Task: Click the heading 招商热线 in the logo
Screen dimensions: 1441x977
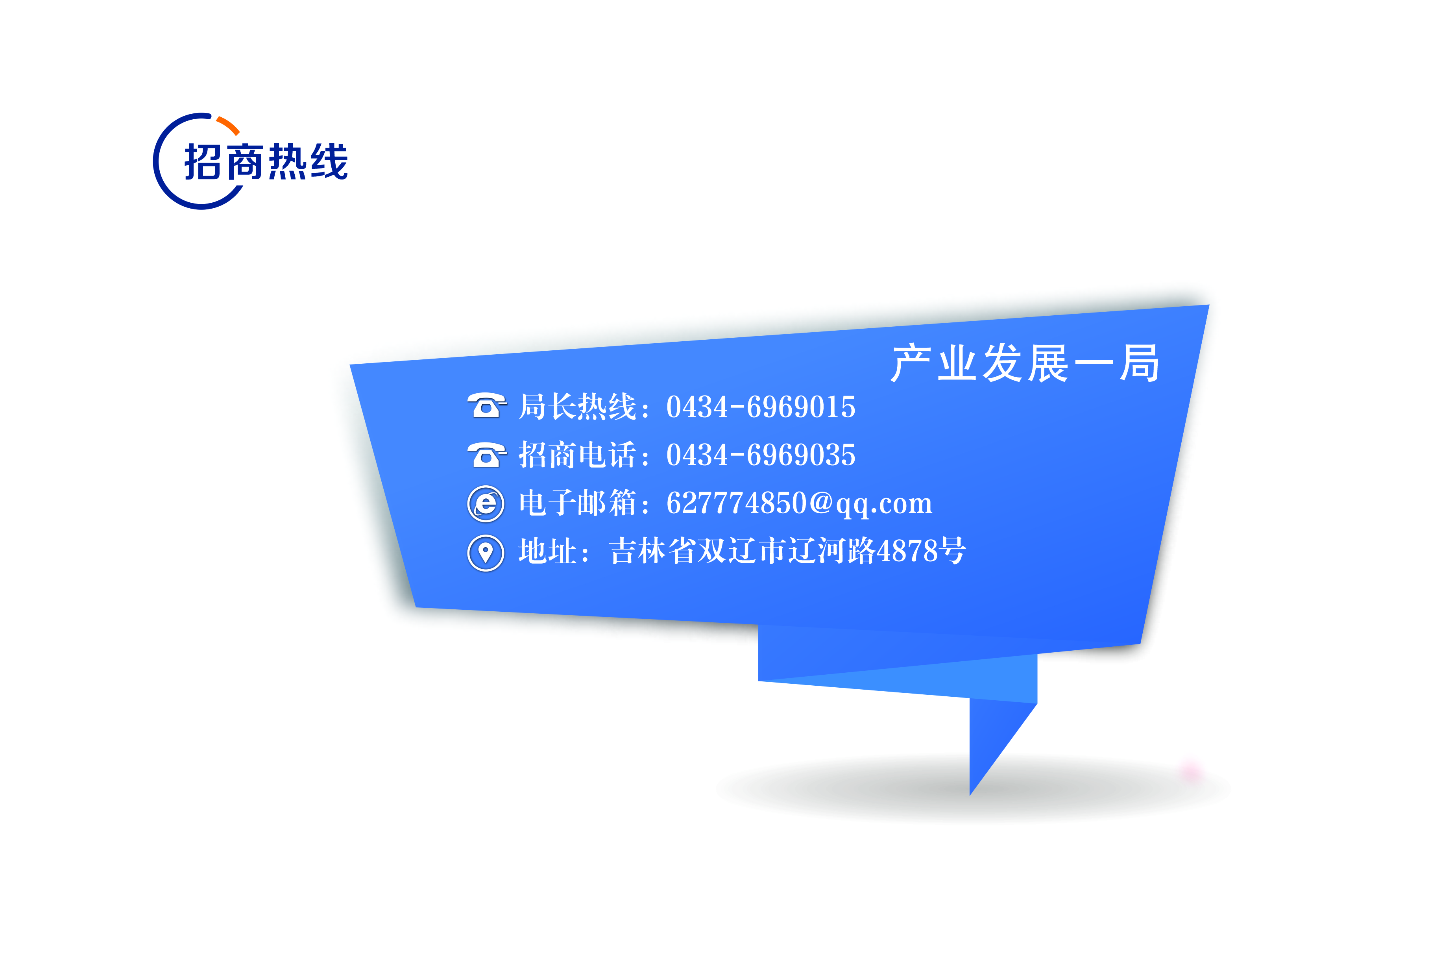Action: (266, 163)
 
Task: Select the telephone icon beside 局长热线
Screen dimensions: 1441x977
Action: (487, 406)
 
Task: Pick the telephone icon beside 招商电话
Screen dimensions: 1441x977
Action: (487, 454)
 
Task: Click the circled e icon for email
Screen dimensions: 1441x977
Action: (486, 503)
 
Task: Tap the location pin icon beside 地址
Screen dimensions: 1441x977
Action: (486, 553)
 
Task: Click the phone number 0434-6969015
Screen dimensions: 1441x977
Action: (761, 407)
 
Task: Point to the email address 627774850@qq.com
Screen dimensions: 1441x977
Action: (799, 503)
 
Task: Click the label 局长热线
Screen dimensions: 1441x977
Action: (577, 407)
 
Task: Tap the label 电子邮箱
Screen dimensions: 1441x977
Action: (577, 503)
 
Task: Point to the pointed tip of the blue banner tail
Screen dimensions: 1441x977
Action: (970, 795)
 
